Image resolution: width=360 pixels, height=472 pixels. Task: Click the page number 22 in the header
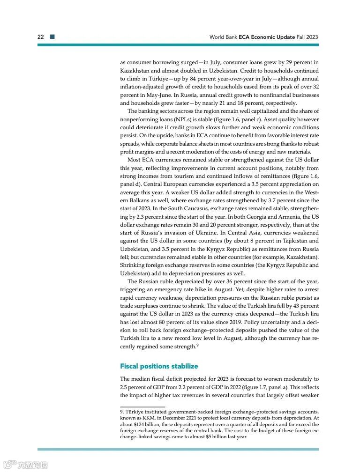click(x=41, y=37)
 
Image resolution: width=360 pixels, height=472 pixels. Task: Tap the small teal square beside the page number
click(x=52, y=37)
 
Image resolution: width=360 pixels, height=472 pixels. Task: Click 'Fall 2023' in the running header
click(x=307, y=37)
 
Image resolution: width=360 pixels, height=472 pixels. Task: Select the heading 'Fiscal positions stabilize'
click(x=159, y=366)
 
